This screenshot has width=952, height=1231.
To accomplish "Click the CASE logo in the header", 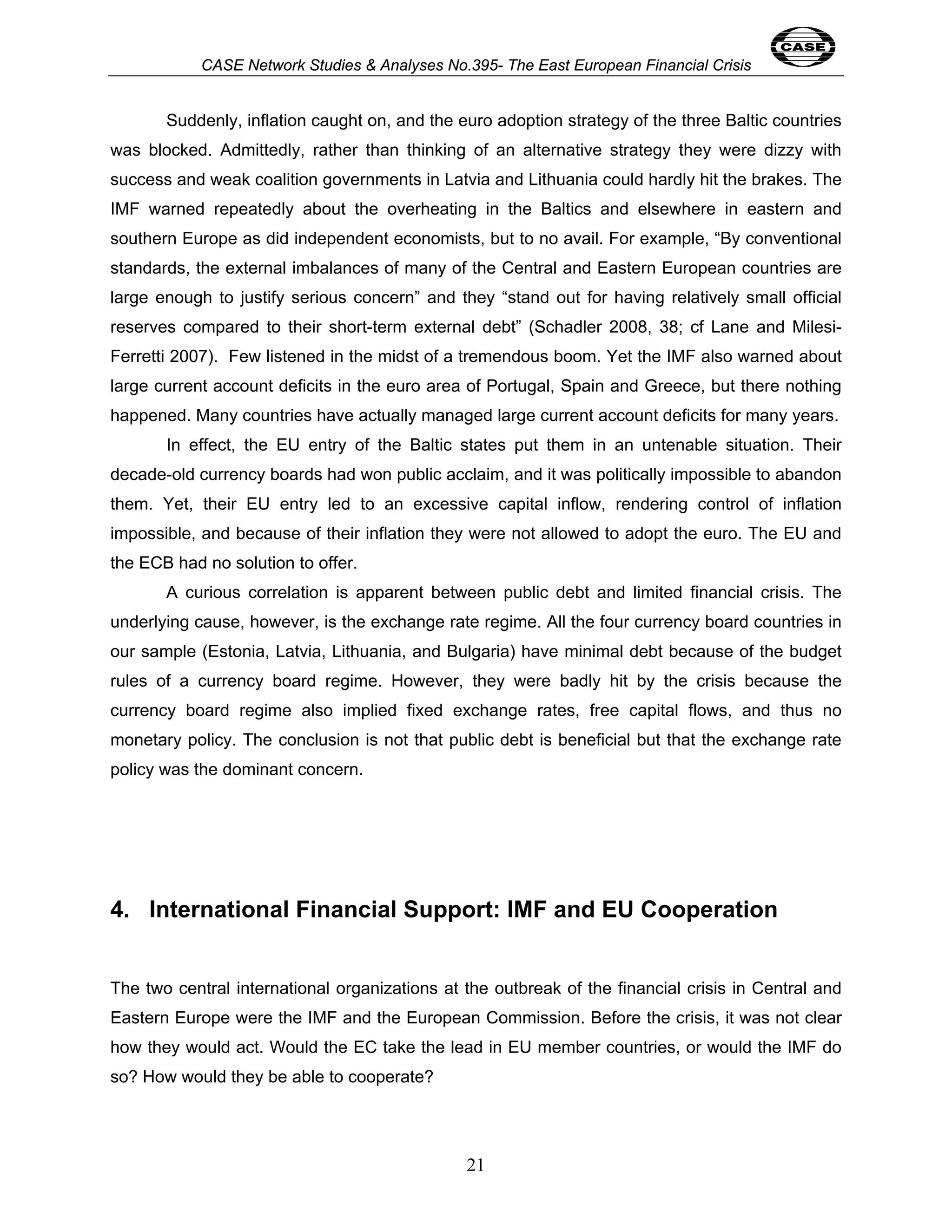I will tap(802, 47).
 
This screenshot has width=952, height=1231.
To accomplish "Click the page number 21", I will tap(475, 1165).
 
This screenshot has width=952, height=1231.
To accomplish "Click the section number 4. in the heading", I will tap(120, 910).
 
